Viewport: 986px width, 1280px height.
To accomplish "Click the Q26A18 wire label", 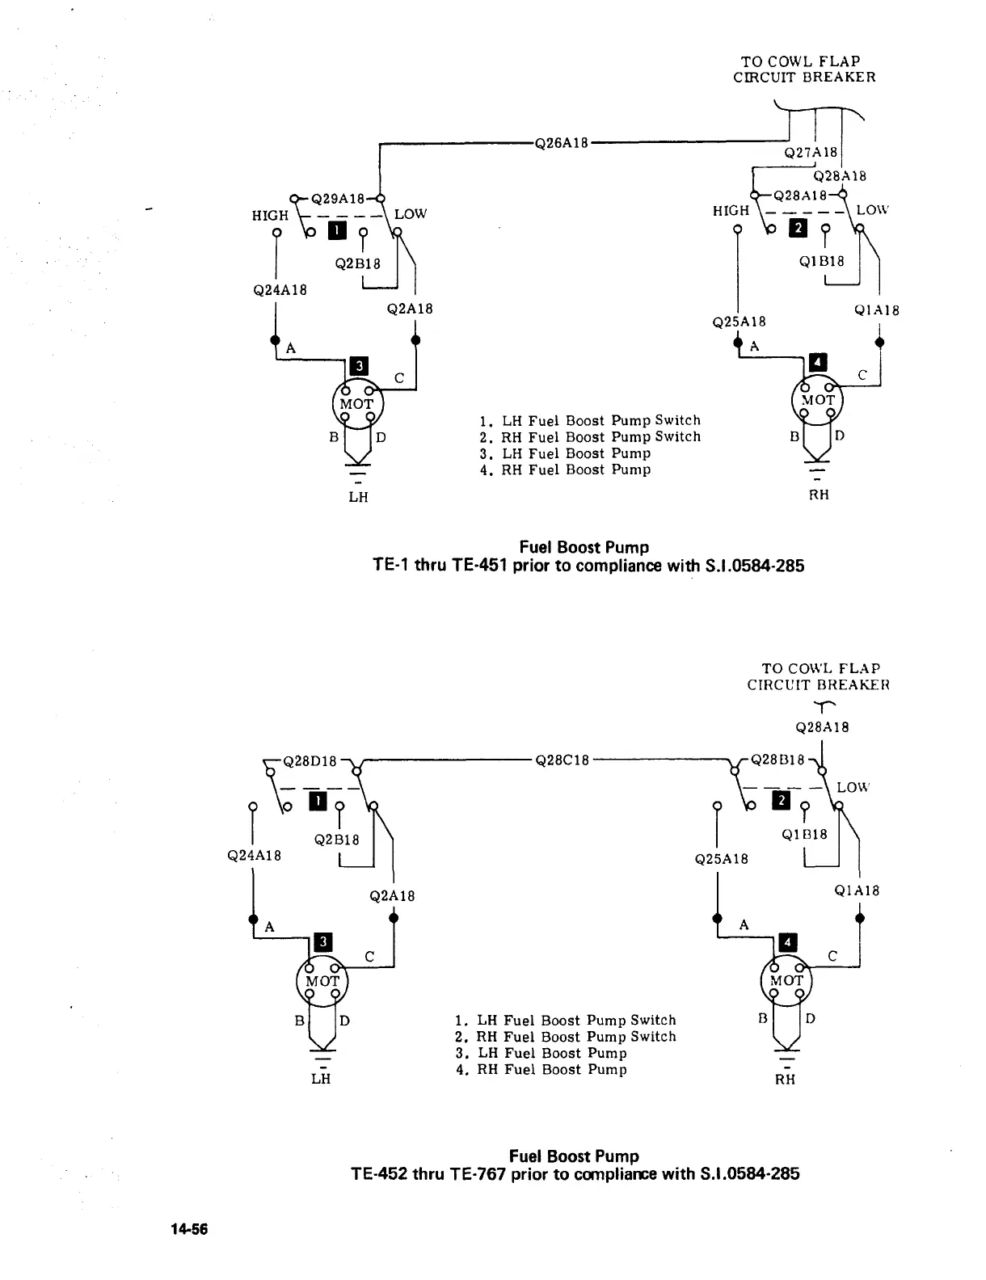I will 562,143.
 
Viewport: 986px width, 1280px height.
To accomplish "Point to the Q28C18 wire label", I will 562,760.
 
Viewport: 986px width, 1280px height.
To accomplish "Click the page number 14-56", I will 189,1229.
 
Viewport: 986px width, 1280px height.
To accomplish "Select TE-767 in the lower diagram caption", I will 473,1173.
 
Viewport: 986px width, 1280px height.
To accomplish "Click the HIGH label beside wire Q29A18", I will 270,216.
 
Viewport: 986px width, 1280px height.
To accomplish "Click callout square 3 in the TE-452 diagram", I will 322,941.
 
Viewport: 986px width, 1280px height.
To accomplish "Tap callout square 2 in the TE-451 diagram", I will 798,228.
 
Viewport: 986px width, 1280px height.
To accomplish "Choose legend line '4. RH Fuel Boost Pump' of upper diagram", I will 565,469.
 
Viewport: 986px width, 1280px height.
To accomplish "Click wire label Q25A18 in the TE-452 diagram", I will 721,859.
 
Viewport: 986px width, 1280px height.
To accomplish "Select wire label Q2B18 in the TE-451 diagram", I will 357,263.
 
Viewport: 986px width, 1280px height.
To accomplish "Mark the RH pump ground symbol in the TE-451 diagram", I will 819,471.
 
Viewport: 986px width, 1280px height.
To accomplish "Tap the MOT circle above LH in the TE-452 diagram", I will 322,981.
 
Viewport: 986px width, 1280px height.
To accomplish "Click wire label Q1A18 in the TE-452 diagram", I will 857,891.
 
